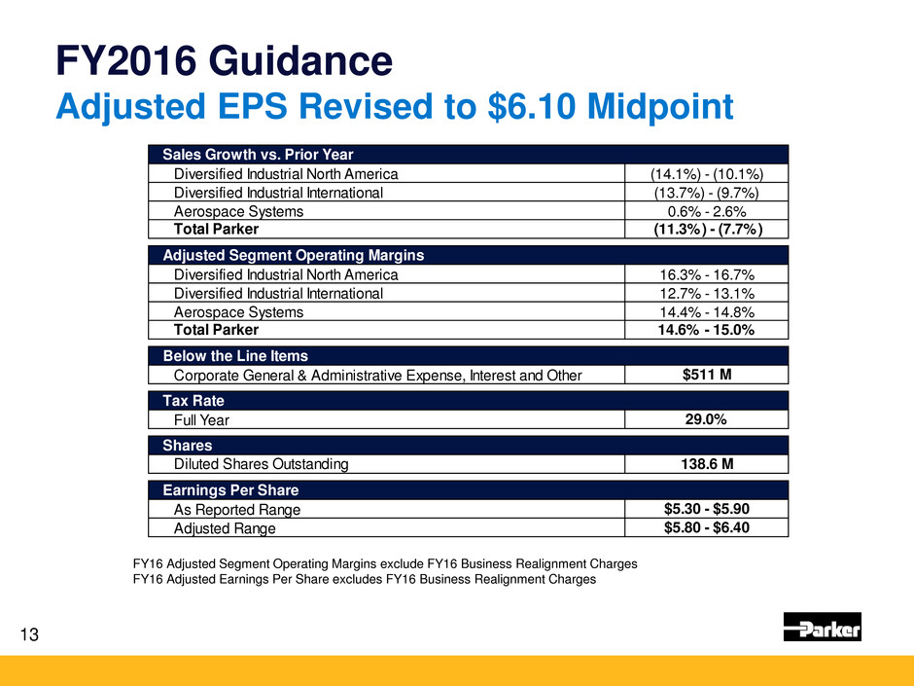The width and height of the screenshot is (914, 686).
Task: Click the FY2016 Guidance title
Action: [x=224, y=62]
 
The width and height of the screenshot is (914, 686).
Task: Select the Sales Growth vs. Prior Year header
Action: [x=258, y=155]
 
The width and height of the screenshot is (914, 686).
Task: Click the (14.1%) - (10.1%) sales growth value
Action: [x=706, y=174]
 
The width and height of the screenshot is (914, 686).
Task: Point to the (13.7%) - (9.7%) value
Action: [x=706, y=193]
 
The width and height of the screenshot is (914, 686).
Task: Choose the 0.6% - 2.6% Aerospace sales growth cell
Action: [x=706, y=211]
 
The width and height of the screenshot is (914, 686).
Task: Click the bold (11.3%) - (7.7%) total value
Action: [x=706, y=230]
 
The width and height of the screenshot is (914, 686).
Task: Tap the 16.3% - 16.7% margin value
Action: [x=706, y=275]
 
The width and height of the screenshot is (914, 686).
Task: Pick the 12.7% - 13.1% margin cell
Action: [x=706, y=294]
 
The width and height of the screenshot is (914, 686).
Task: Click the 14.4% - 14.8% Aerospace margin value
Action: [x=706, y=312]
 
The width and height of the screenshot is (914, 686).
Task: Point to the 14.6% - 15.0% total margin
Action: [x=706, y=331]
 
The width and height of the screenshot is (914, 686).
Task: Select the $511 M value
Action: [x=706, y=374]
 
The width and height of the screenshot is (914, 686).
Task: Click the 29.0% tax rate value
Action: [x=706, y=418]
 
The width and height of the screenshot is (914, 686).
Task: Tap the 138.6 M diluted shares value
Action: [x=706, y=464]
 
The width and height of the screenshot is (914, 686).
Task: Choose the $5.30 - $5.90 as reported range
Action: [x=706, y=508]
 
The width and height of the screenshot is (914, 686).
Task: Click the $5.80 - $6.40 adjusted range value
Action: [x=706, y=527]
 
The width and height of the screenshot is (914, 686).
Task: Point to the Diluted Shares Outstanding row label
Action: [x=261, y=465]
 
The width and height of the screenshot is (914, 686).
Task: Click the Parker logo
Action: [x=822, y=627]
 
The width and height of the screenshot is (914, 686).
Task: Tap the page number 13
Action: [x=31, y=636]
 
